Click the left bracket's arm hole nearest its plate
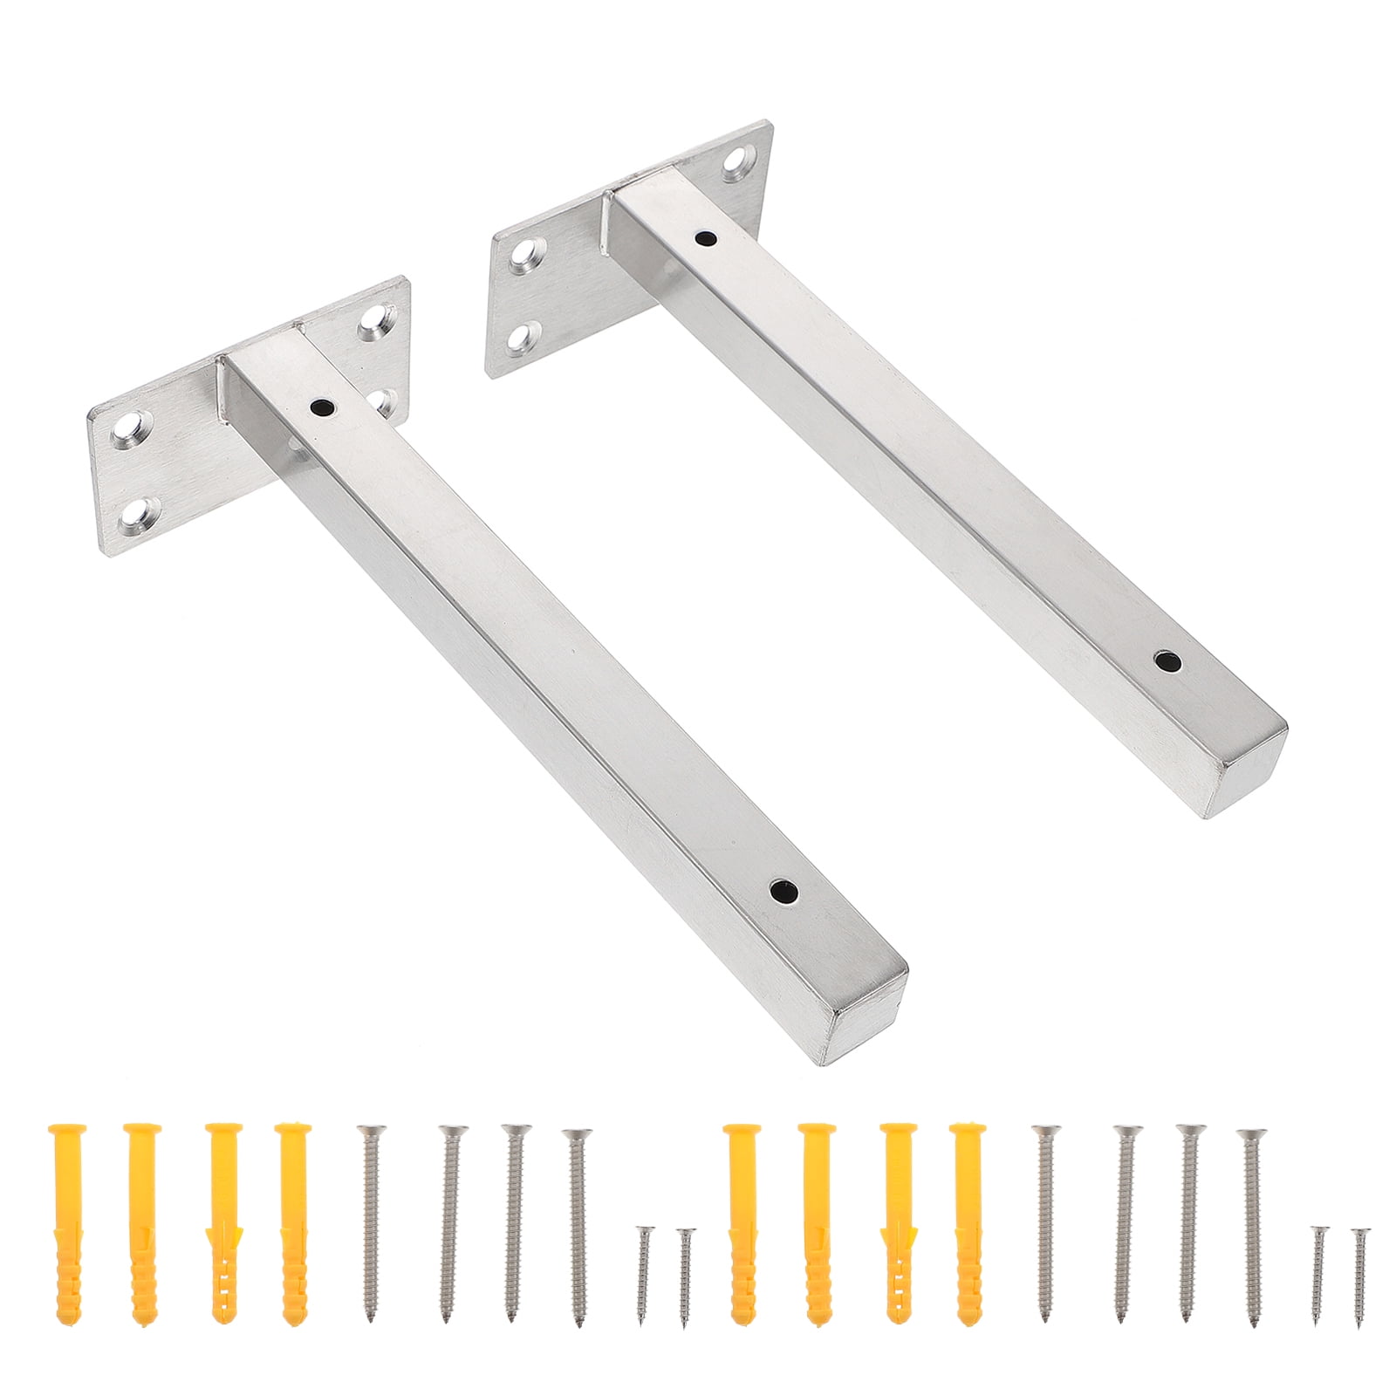click(x=322, y=406)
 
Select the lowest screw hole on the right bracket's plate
click(x=525, y=336)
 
